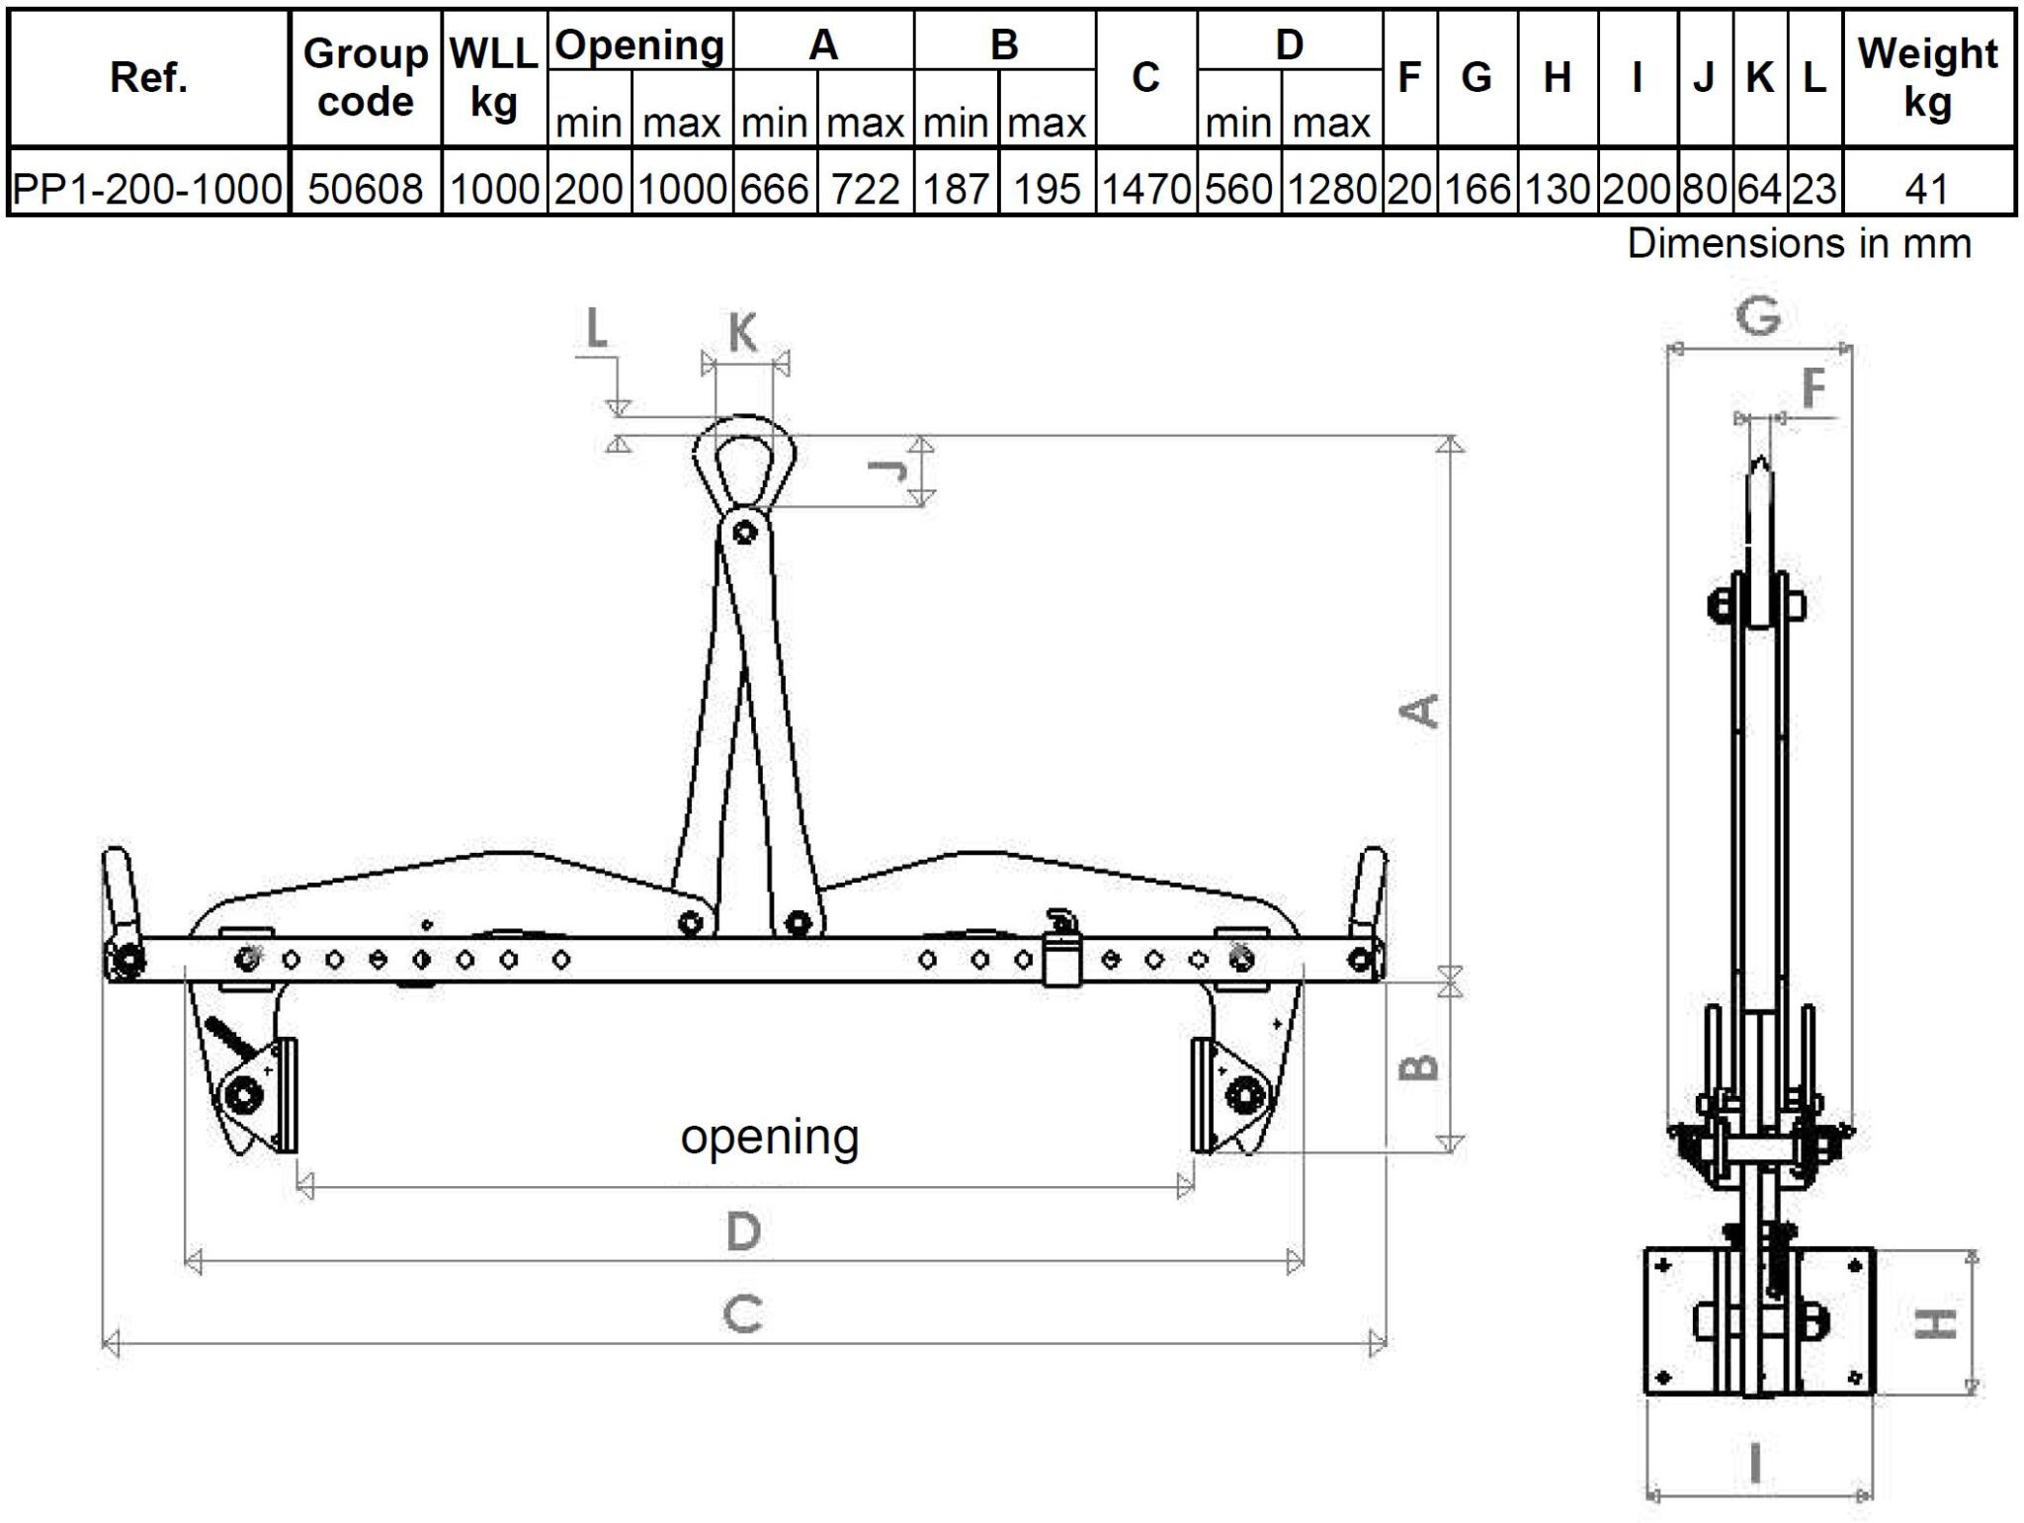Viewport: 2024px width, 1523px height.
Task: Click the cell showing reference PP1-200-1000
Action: [148, 188]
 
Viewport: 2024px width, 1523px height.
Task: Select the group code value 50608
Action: [365, 188]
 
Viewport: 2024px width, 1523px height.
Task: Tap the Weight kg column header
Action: [1927, 77]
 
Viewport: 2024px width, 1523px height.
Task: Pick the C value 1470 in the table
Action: [1145, 188]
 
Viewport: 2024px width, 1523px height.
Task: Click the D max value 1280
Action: [1331, 188]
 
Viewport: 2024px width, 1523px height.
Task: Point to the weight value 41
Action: [1927, 188]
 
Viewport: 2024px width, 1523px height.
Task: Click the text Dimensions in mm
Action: [1799, 243]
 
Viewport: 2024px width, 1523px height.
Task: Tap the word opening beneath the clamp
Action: [769, 1137]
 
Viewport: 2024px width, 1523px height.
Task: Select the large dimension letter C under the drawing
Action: [742, 1314]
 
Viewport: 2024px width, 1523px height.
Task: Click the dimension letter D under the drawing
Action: [743, 1231]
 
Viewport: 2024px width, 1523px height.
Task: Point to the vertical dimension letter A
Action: [1422, 710]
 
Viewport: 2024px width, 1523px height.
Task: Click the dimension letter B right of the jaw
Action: [1421, 1066]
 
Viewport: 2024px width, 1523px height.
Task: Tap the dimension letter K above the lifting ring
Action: [743, 332]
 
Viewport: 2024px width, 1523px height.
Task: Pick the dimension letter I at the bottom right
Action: [1755, 1464]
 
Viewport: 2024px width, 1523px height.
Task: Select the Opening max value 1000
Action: [682, 188]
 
